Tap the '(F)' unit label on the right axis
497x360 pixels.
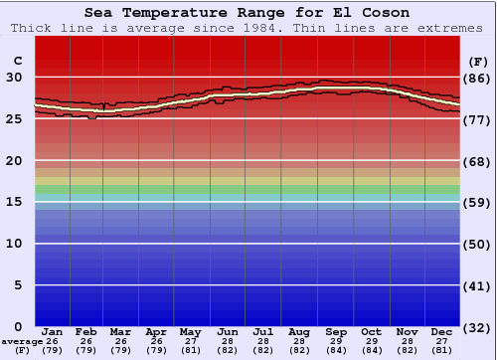477,61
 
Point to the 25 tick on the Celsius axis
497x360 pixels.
15,119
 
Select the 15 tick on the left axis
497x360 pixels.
15,203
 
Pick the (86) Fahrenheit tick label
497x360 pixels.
477,78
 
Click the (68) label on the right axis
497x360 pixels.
477,161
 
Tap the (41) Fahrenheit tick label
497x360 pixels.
477,286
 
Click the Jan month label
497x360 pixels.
53,331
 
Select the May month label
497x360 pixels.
189,331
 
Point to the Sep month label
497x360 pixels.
336,331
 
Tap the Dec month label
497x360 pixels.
442,331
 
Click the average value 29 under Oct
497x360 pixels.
371,341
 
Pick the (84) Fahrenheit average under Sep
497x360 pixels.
336,350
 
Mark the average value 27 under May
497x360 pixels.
189,341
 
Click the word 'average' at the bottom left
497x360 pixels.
21,341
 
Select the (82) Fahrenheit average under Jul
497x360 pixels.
263,350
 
